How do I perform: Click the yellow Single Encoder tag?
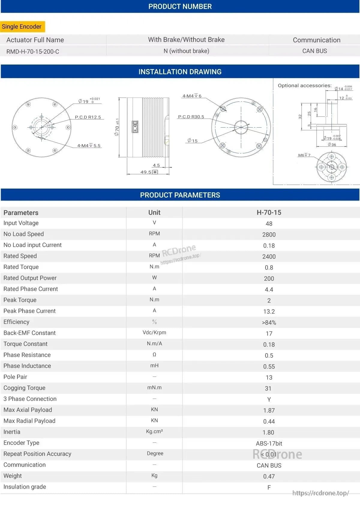[x=22, y=27]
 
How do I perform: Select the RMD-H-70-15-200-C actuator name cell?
[x=33, y=51]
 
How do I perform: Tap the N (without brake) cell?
[x=186, y=51]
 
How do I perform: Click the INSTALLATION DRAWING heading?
[x=180, y=72]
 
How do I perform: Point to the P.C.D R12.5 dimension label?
[x=88, y=117]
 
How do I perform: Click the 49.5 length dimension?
[x=146, y=172]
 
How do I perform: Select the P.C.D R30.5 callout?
[x=191, y=117]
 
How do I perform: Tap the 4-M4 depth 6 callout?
[x=192, y=96]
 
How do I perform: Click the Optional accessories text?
[x=304, y=86]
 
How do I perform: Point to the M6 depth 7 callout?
[x=304, y=155]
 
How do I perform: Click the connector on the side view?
[x=135, y=126]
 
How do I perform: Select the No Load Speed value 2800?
[x=269, y=235]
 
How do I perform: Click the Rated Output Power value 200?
[x=269, y=279]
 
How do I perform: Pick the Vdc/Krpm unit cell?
[x=154, y=333]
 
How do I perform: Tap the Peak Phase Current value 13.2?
[x=269, y=312]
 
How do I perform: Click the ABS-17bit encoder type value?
[x=269, y=443]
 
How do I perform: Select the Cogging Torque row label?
[x=24, y=388]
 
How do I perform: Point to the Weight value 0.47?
[x=269, y=476]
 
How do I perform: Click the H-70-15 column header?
[x=269, y=213]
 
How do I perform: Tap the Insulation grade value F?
[x=269, y=487]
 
